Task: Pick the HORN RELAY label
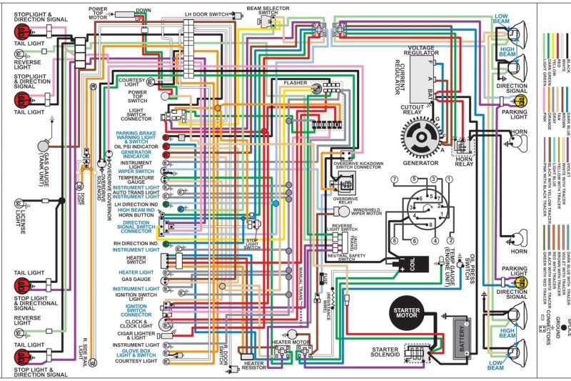coord(464,164)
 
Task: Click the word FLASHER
coord(295,83)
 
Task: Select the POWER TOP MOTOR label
coord(97,13)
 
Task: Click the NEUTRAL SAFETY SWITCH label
coord(347,255)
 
